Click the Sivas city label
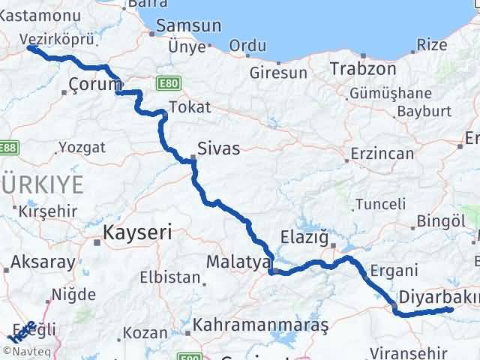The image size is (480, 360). tap(218, 148)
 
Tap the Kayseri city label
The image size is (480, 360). tap(138, 232)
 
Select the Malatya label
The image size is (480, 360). tap(237, 262)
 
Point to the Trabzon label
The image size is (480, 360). tap(362, 68)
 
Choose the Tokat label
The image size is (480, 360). tap(190, 107)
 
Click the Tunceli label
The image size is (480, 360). tap(380, 204)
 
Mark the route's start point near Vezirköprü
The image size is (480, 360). tap(30, 48)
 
